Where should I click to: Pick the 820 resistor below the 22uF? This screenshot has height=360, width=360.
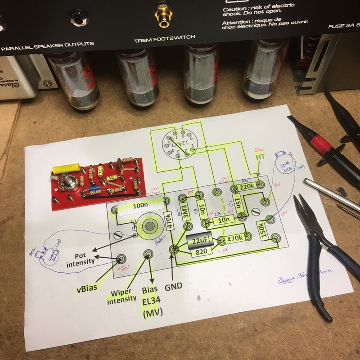(x=201, y=252)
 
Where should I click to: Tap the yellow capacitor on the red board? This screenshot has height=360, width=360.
(x=66, y=169)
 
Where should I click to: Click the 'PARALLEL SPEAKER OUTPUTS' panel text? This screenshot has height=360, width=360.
(x=47, y=44)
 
